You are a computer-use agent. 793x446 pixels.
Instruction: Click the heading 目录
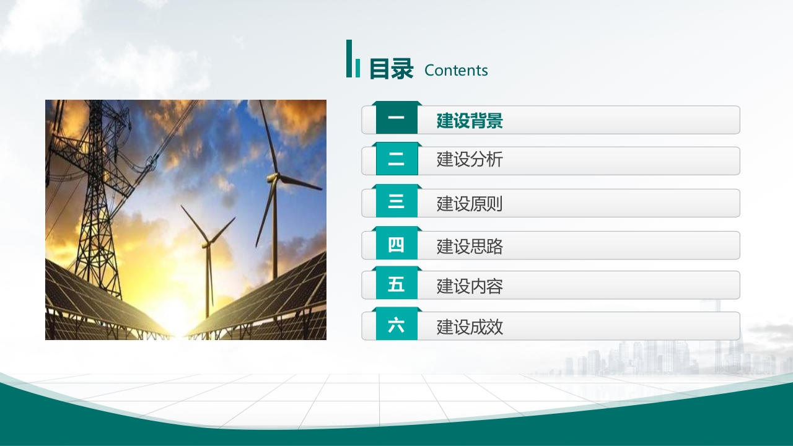[x=391, y=69]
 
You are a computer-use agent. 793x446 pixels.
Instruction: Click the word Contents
[x=456, y=70]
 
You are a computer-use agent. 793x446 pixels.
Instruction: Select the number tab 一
[x=396, y=118]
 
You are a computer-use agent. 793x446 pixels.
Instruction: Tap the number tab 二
[x=396, y=159]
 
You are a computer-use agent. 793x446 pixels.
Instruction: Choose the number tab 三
[x=396, y=201]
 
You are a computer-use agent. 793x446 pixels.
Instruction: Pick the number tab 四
[x=396, y=243]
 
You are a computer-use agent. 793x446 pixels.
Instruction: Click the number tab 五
[x=396, y=283]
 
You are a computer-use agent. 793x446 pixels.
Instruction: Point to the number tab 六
[x=396, y=324]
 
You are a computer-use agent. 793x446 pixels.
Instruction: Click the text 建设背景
[x=470, y=121]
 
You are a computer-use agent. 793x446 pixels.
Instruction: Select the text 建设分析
[x=470, y=160]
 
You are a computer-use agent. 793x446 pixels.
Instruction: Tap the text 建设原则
[x=470, y=204]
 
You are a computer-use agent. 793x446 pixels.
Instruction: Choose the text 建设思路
[x=470, y=247]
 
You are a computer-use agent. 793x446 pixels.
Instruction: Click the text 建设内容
[x=470, y=286]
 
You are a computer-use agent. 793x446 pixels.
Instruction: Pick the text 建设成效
[x=470, y=327]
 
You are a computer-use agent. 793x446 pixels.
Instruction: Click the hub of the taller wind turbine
[x=274, y=177]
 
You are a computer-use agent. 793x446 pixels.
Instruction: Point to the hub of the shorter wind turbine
[x=206, y=244]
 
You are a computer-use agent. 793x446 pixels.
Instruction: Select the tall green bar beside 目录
[x=349, y=58]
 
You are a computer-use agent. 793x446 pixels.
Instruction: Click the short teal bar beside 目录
[x=357, y=68]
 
